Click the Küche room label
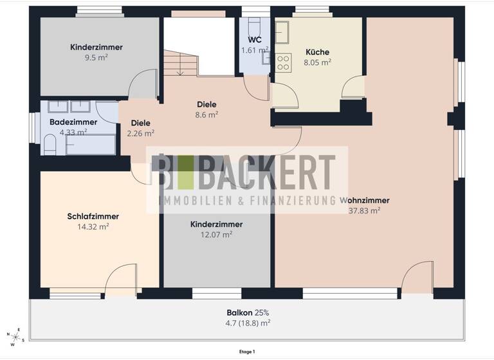318,52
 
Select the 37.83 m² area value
364,210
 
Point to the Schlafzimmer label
93,217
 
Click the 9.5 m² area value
97,57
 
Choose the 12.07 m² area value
216,235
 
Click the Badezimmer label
73,122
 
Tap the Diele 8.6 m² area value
206,114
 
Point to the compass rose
15,337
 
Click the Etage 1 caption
246,352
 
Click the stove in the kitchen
283,62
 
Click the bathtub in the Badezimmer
90,145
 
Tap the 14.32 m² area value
93,227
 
